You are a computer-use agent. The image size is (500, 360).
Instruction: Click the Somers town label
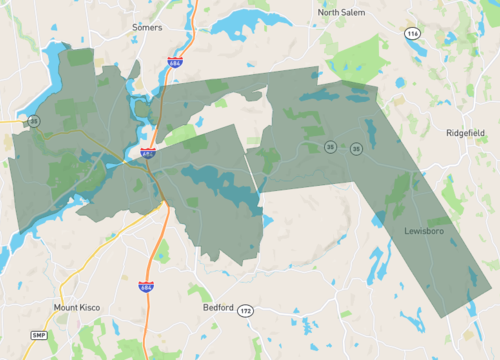[x=146, y=28]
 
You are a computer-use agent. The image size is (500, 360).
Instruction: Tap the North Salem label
[x=343, y=12]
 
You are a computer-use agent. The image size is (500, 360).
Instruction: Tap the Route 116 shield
[x=412, y=34]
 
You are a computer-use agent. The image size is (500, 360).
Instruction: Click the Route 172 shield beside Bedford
[x=246, y=311]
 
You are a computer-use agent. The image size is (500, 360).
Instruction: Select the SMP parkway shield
[x=39, y=334]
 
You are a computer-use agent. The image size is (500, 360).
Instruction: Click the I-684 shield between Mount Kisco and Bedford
[x=146, y=286]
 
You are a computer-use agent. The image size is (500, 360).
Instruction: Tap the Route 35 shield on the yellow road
[x=34, y=121]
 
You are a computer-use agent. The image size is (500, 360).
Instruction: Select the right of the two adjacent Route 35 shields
[x=356, y=149]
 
